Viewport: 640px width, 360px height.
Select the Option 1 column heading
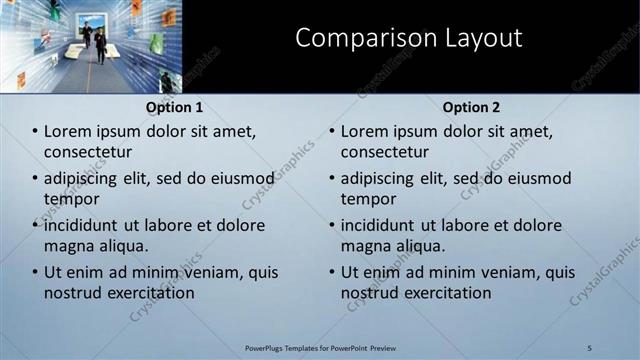tap(174, 107)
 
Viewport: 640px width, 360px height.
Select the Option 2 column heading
tap(471, 107)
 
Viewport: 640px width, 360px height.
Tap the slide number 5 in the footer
tap(589, 347)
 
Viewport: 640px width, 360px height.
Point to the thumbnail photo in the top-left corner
tap(91, 46)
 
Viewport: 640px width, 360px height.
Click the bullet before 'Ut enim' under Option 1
tap(34, 272)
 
